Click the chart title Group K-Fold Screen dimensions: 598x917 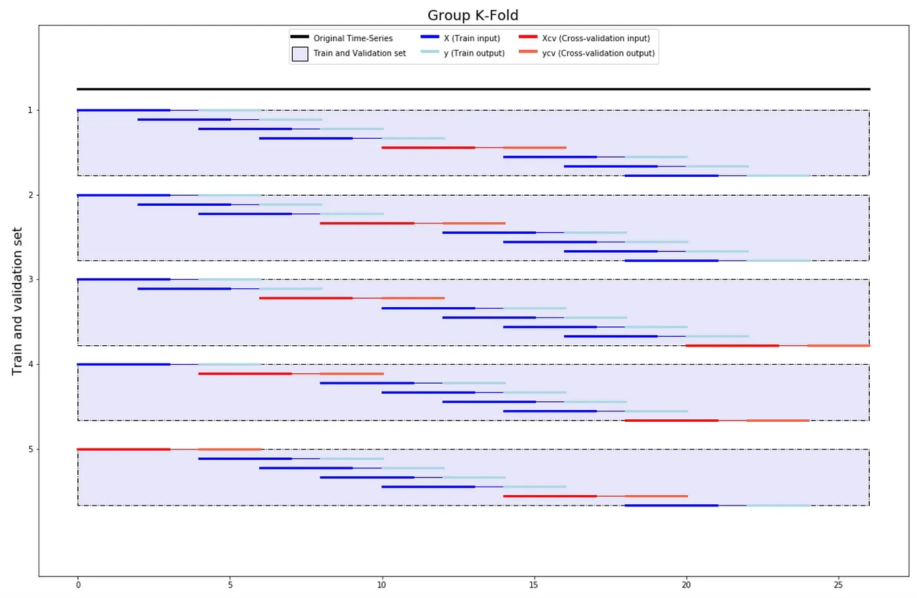pyautogui.click(x=472, y=15)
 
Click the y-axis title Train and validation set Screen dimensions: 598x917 pyautogui.click(x=18, y=301)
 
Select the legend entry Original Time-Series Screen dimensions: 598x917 pyautogui.click(x=352, y=38)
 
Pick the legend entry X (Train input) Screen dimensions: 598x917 pyautogui.click(x=472, y=38)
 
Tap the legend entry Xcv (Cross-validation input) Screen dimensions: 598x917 pyautogui.click(x=595, y=38)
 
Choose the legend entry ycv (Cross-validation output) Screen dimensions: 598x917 pyautogui.click(x=598, y=53)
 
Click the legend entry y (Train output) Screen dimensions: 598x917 pyautogui.click(x=474, y=53)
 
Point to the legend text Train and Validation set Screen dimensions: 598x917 pyautogui.click(x=359, y=53)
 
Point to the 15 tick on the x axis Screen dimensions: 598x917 pyautogui.click(x=534, y=584)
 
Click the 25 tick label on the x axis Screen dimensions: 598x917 pyautogui.click(x=838, y=584)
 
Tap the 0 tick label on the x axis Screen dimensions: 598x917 pyautogui.click(x=78, y=584)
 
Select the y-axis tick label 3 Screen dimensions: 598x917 pyautogui.click(x=30, y=280)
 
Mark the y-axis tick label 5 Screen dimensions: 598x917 pyautogui.click(x=30, y=449)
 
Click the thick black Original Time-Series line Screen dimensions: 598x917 pyautogui.click(x=473, y=88)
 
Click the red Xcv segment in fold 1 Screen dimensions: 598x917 pyautogui.click(x=428, y=147)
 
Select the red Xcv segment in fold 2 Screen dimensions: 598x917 pyautogui.click(x=367, y=223)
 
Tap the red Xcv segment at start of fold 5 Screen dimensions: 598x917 pyautogui.click(x=124, y=449)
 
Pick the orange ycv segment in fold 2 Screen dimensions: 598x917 pyautogui.click(x=474, y=223)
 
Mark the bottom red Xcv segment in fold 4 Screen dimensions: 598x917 pyautogui.click(x=671, y=420)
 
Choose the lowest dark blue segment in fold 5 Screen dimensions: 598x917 pyautogui.click(x=671, y=506)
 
